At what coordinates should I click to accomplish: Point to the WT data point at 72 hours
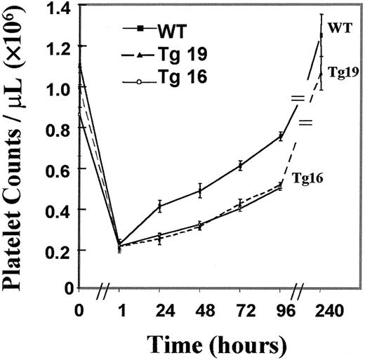(241, 166)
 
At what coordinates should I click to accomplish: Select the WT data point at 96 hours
(281, 136)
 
